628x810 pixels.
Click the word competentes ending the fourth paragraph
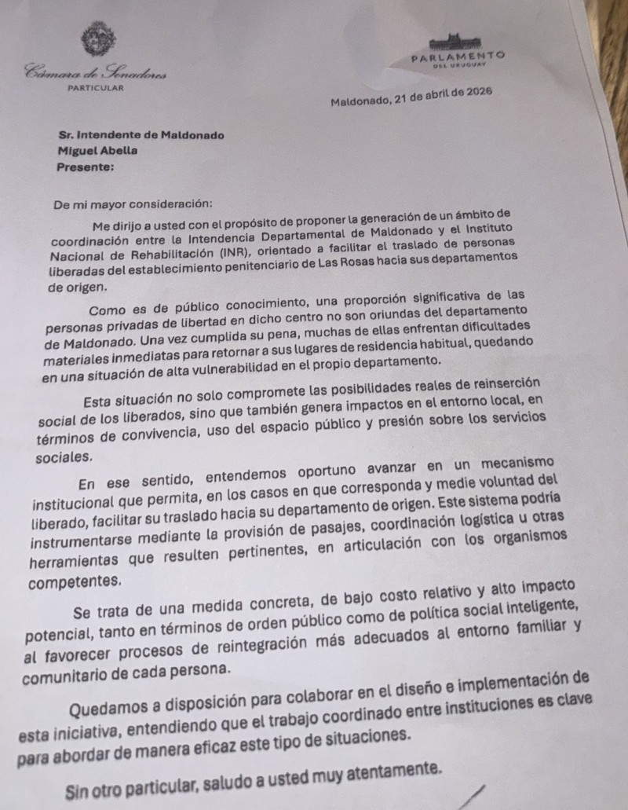[x=75, y=582]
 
